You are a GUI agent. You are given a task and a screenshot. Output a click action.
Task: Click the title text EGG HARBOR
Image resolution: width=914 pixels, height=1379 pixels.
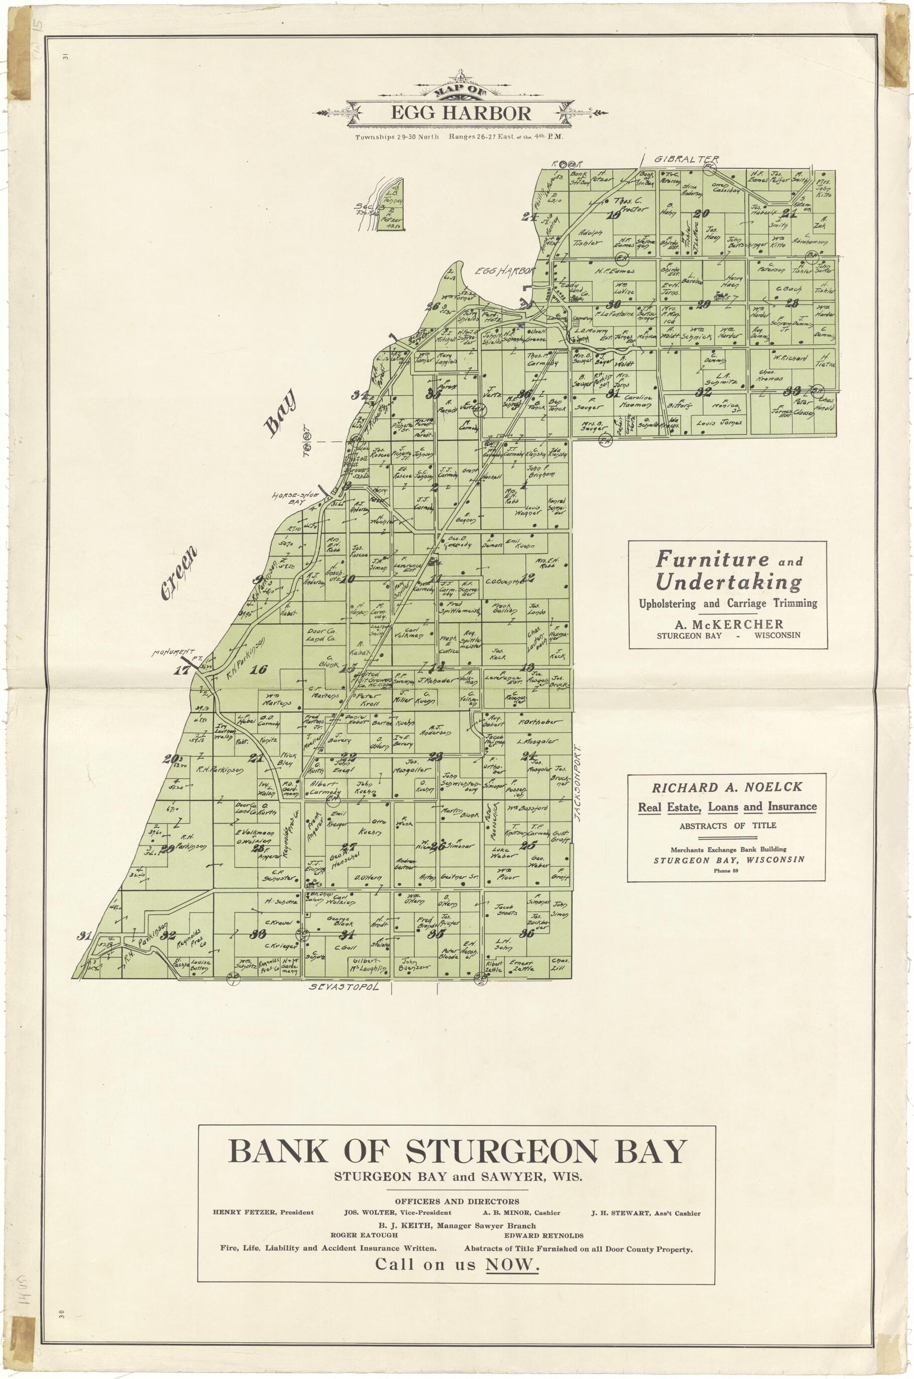(x=461, y=113)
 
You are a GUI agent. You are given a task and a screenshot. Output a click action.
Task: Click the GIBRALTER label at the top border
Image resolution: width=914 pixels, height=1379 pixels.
(x=686, y=159)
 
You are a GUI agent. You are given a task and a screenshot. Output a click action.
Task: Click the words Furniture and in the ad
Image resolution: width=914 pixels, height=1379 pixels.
(x=729, y=559)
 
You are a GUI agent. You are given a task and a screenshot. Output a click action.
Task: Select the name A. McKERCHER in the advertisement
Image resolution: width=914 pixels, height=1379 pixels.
(x=729, y=624)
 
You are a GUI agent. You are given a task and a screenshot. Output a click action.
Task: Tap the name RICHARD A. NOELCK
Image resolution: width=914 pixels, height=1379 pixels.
(x=727, y=787)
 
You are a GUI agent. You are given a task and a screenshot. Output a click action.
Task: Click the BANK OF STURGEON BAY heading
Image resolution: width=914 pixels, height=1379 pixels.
(x=457, y=1151)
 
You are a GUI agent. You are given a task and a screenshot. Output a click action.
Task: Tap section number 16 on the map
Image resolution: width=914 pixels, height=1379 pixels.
(x=258, y=670)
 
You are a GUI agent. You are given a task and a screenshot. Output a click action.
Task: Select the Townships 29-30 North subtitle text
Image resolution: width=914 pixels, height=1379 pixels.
(x=397, y=137)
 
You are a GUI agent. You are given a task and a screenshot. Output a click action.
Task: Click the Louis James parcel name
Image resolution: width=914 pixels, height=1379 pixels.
(x=720, y=422)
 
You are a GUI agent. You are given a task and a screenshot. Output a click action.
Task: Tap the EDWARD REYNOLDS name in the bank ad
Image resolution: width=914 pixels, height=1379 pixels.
(x=543, y=1235)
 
